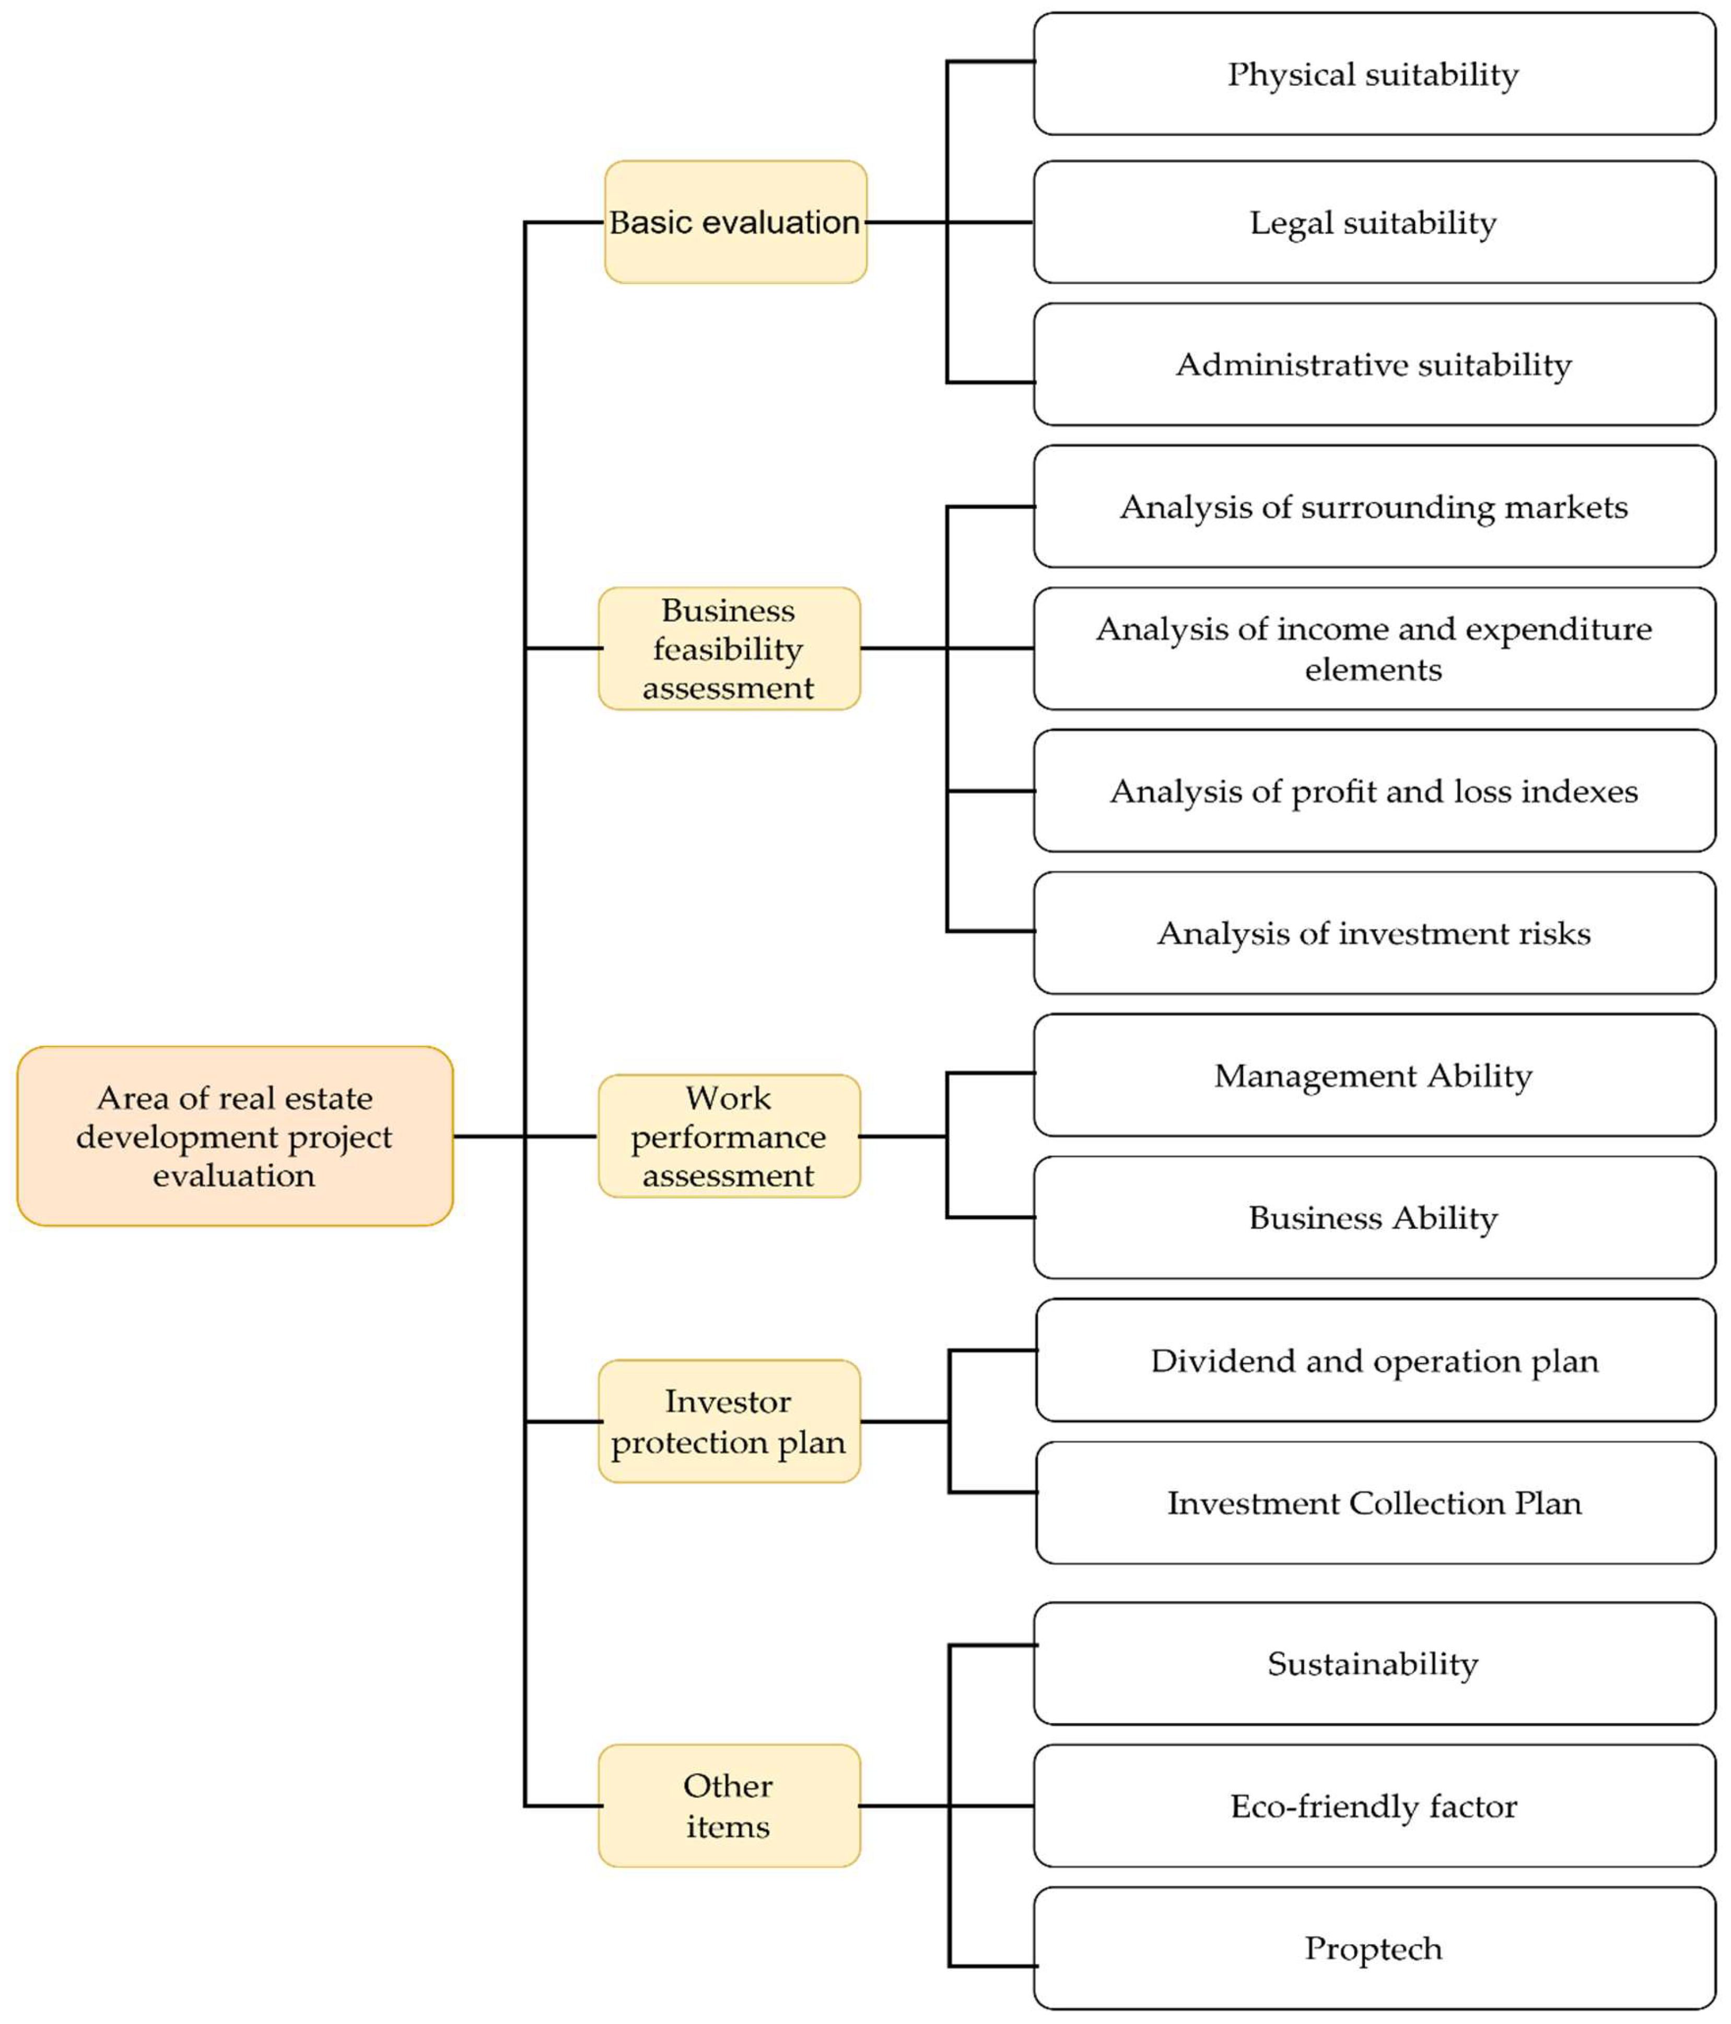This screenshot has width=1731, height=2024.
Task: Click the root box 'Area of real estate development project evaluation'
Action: (235, 1135)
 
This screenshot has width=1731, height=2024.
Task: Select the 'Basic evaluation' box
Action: (734, 222)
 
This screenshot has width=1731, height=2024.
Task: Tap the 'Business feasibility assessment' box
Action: (729, 648)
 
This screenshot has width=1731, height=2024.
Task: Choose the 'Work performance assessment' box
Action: (729, 1135)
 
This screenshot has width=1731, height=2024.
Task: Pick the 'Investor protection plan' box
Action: (729, 1421)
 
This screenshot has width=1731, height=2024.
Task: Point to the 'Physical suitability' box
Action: (1374, 74)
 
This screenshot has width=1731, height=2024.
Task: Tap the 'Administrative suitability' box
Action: (1374, 364)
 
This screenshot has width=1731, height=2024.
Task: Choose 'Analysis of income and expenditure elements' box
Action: (1374, 648)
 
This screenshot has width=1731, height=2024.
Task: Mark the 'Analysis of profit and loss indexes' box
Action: (1374, 790)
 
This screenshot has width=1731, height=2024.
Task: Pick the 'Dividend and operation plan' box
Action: (1374, 1360)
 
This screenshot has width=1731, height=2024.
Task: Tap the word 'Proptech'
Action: (1374, 1948)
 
